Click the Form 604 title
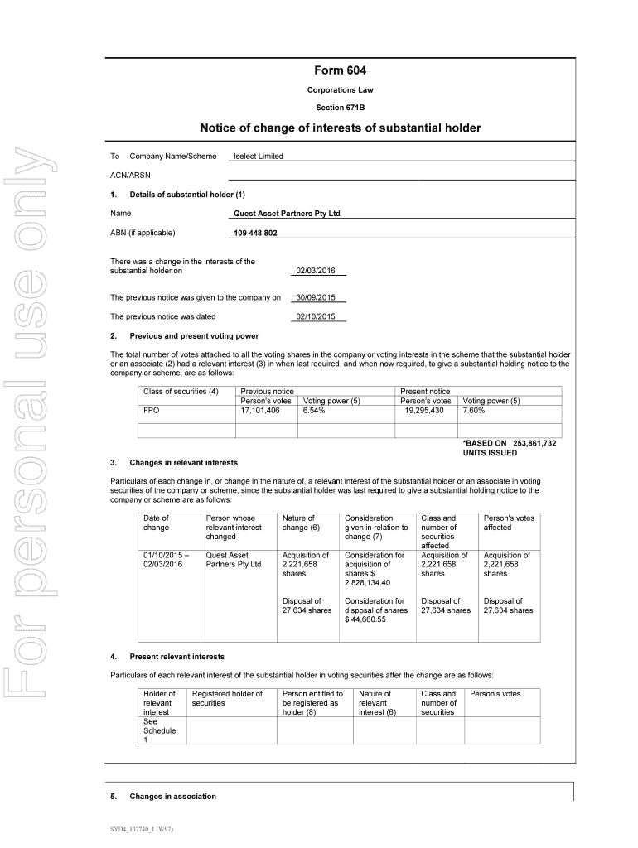coord(340,72)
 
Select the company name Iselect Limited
coord(259,156)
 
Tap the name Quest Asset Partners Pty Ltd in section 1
coord(288,214)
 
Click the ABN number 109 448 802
coord(256,233)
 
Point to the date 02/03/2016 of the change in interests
coord(320,270)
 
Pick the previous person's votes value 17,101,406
coord(260,411)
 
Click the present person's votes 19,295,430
coord(424,411)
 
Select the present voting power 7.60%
coord(474,411)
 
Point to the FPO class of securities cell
coord(152,411)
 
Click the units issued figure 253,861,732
coord(534,444)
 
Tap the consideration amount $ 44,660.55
coord(365,619)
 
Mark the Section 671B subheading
coord(340,108)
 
